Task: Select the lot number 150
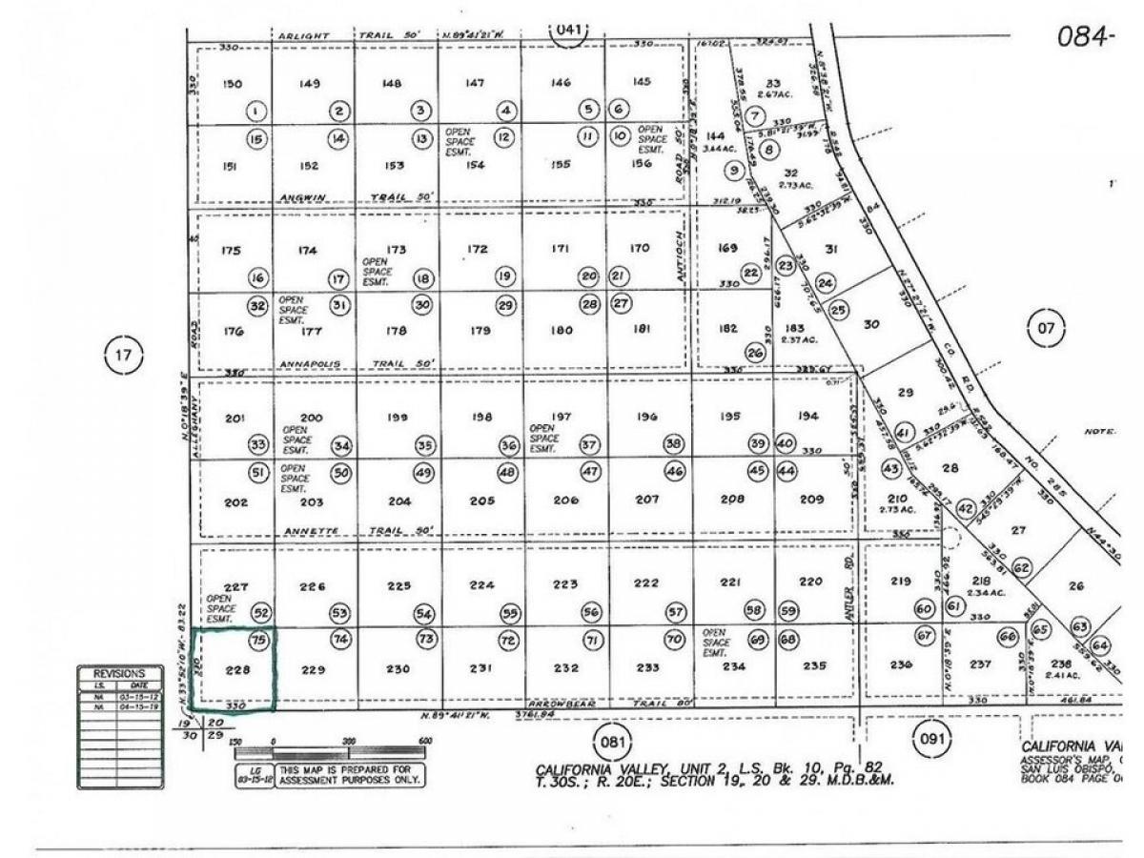pos(232,84)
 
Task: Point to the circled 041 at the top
pos(568,30)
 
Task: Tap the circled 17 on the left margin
pos(122,357)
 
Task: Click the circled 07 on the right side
pos(1047,329)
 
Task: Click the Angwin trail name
pos(301,197)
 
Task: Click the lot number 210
pos(896,499)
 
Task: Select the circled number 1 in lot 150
pos(256,112)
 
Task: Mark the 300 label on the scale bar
pos(349,741)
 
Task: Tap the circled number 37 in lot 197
pos(590,445)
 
